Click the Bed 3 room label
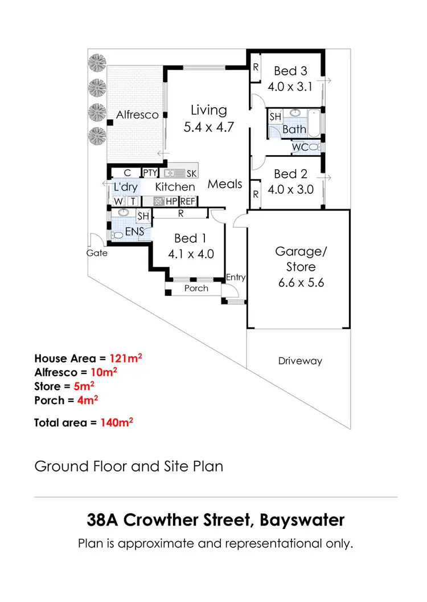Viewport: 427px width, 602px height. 290,71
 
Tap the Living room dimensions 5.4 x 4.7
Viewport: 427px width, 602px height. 209,127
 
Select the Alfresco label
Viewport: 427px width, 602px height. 137,115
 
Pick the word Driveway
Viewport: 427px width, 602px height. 300,361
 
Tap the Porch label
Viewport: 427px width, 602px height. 196,288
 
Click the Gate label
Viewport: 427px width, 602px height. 97,253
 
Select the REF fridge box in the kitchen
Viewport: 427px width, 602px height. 187,201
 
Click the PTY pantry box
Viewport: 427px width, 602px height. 150,173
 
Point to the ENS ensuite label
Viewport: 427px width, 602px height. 135,232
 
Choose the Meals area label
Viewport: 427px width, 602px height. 225,184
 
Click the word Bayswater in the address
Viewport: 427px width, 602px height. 303,520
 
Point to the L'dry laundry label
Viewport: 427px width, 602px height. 126,187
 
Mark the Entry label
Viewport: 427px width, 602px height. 236,277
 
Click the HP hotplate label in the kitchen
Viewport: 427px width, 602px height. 171,201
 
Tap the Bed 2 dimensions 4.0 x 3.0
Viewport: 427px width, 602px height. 290,189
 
